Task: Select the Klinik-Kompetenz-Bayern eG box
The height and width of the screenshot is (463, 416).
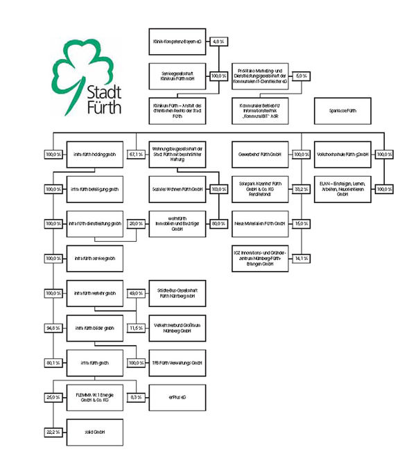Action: tap(177, 42)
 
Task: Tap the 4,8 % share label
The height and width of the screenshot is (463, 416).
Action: tap(219, 42)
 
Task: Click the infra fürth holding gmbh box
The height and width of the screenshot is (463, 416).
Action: tap(94, 154)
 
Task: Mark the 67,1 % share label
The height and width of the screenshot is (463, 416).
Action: tap(136, 154)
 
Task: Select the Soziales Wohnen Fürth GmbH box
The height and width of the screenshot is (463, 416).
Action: tap(177, 189)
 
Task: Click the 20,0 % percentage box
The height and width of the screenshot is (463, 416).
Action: tap(136, 223)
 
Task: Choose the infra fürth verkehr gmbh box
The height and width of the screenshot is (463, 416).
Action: tap(94, 292)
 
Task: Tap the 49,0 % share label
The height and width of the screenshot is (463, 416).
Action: tap(136, 292)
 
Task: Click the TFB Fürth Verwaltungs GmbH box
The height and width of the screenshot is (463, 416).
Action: tap(177, 362)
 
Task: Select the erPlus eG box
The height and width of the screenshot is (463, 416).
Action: tap(177, 396)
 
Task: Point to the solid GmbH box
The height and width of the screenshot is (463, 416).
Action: tap(94, 431)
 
